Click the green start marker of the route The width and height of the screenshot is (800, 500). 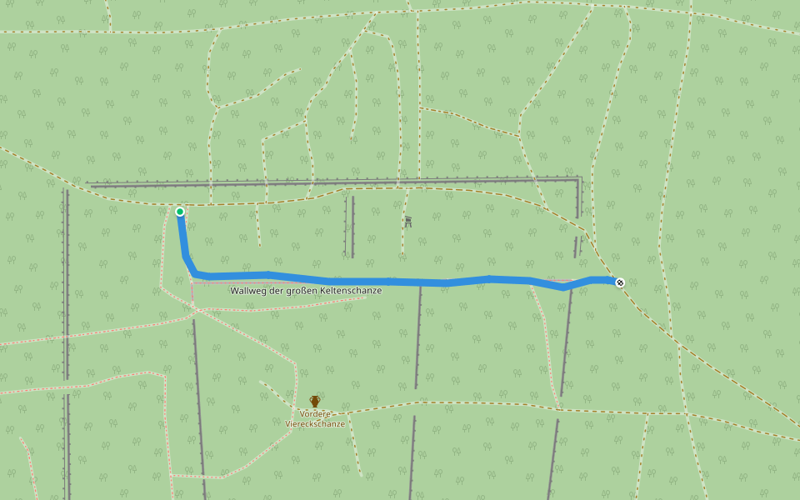click(180, 212)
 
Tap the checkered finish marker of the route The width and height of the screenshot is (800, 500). click(620, 282)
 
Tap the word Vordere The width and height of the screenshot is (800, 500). click(315, 413)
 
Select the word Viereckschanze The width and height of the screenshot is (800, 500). click(315, 424)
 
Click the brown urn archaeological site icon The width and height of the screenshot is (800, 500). click(315, 401)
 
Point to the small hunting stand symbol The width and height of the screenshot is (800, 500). click(407, 222)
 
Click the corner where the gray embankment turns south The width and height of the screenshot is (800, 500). click(578, 179)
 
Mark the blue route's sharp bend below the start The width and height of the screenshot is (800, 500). click(195, 273)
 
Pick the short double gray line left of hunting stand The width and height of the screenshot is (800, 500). click(349, 226)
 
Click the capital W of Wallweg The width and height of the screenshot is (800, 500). click(235, 291)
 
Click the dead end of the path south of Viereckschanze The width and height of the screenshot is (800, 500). click(362, 476)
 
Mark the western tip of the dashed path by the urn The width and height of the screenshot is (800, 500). click(260, 382)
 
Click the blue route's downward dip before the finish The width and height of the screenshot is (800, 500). click(564, 287)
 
